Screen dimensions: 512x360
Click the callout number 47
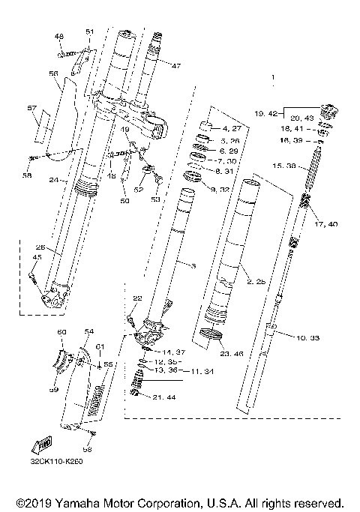click(x=175, y=66)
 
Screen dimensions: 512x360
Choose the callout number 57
click(x=31, y=109)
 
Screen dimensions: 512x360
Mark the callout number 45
click(x=35, y=258)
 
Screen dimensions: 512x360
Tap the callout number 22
click(x=136, y=298)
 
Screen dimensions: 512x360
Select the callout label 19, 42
click(x=266, y=114)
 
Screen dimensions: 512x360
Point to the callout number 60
click(x=62, y=331)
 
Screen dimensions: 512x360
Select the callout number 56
click(x=53, y=73)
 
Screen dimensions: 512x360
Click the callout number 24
click(x=53, y=180)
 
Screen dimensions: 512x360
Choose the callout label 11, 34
click(x=199, y=370)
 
